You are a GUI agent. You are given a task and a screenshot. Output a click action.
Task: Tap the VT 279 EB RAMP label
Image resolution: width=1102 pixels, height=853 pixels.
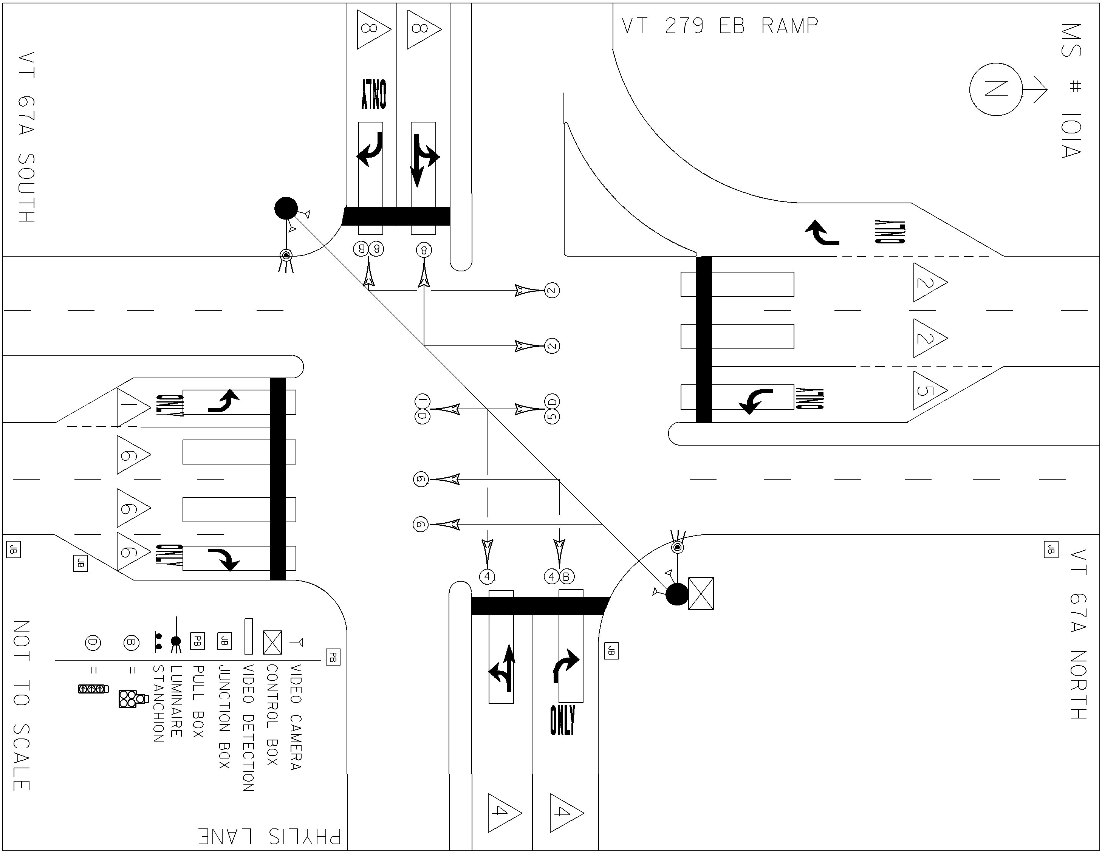pos(720,26)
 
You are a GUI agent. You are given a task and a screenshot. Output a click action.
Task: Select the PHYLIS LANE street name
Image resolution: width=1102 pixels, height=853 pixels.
pos(269,836)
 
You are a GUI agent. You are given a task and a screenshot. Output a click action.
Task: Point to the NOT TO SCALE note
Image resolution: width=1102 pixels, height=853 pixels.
pos(22,706)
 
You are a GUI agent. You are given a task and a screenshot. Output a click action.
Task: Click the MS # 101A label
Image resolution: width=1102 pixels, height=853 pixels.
pos(1071,91)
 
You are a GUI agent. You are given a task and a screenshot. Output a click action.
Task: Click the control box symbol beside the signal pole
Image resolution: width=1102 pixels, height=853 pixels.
pos(701,594)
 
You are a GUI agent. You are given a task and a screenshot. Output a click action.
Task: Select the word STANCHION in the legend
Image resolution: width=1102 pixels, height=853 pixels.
pos(158,703)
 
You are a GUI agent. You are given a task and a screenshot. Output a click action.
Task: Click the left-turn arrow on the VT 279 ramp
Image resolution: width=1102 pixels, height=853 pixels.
pos(822,232)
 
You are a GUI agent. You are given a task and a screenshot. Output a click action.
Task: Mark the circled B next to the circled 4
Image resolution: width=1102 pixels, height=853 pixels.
pos(566,576)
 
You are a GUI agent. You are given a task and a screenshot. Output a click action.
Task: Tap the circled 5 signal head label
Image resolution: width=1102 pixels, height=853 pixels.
pos(552,416)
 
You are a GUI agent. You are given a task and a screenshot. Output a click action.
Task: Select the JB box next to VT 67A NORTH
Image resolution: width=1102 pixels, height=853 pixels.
pos(1051,549)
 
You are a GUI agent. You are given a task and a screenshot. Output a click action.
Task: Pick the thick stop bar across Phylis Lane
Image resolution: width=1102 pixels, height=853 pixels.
pos(540,606)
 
